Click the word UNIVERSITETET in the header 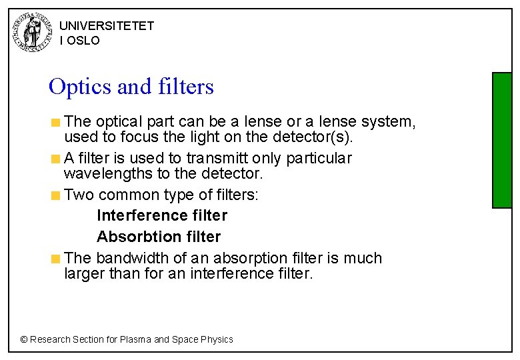coord(107,26)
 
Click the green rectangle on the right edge coord(501,140)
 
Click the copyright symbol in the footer coord(24,339)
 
